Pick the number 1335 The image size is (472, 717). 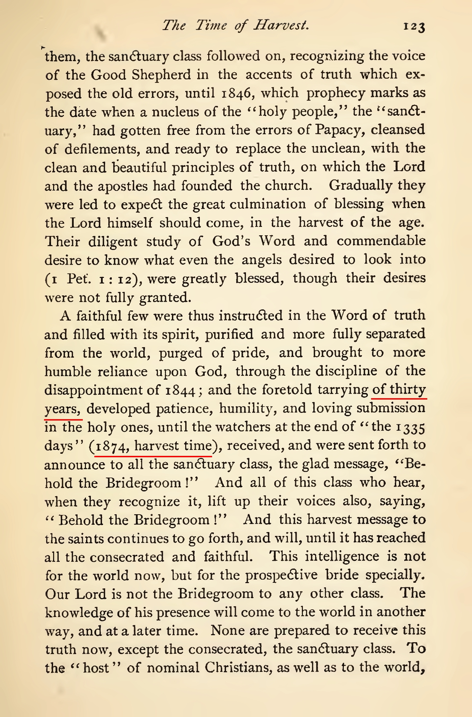(411, 427)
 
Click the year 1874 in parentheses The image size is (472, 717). (111, 446)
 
